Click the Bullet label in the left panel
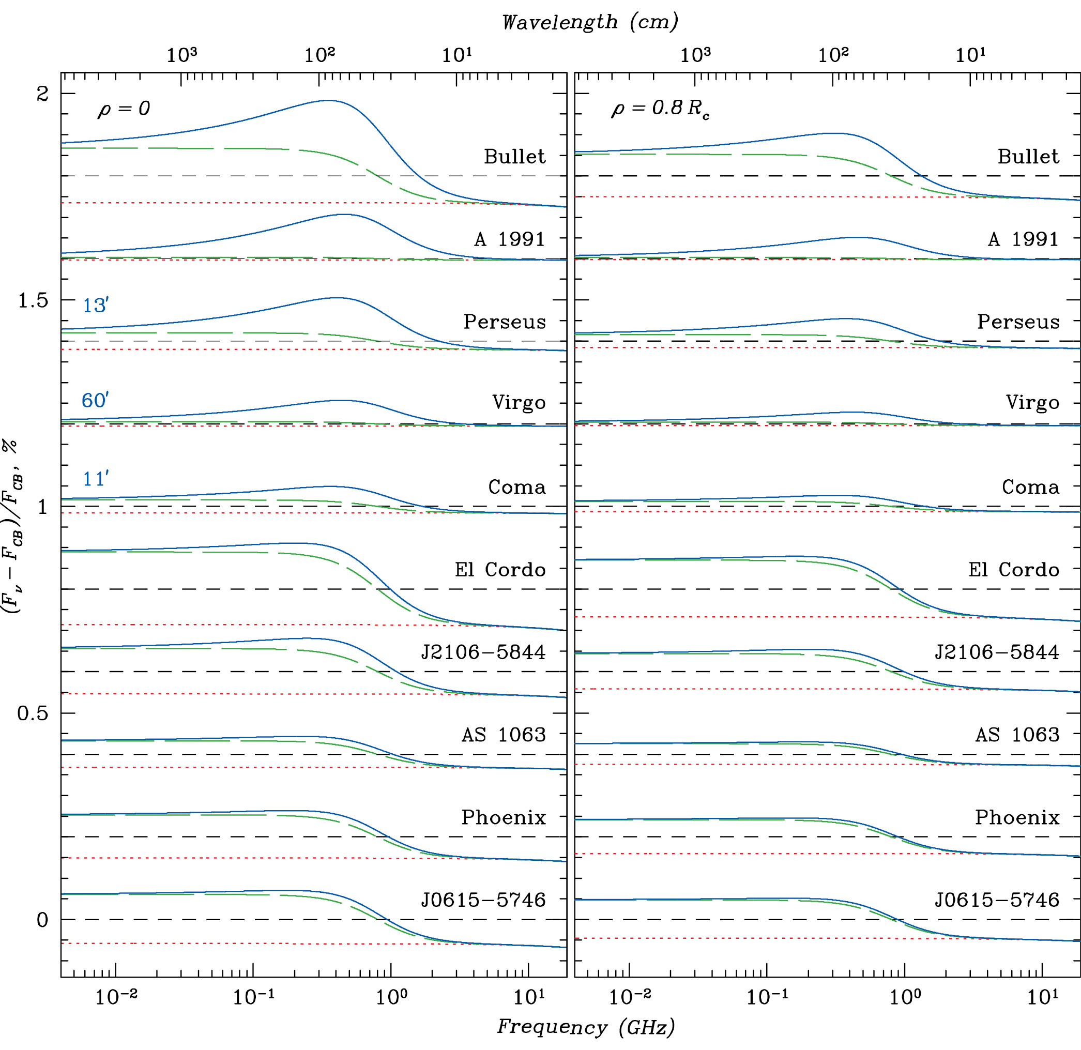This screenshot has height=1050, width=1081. click(514, 157)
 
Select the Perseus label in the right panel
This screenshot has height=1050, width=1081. click(1018, 322)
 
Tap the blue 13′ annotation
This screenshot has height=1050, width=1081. click(96, 305)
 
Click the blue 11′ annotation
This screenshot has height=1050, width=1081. click(96, 479)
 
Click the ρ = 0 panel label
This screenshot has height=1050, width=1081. click(124, 109)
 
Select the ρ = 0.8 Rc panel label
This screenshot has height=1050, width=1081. click(660, 109)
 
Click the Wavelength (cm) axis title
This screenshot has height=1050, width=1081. click(589, 22)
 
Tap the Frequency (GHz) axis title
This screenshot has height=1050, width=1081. click(586, 1027)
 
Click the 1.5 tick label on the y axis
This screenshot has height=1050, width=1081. click(33, 300)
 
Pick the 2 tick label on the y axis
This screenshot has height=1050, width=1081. click(42, 94)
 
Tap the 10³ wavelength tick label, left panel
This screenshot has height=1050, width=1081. click(181, 55)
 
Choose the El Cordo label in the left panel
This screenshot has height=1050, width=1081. click(500, 570)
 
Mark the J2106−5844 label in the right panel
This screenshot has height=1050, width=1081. click(997, 652)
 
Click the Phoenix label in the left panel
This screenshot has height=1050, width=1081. click(504, 817)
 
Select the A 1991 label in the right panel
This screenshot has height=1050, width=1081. click(1023, 239)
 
